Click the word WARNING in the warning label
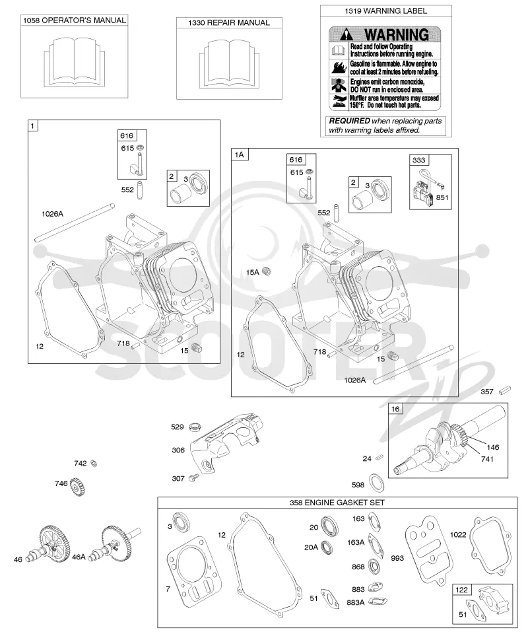tap(396, 35)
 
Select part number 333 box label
tap(418, 160)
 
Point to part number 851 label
tap(442, 197)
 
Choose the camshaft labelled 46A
tap(115, 543)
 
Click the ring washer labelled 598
tap(377, 483)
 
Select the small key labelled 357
tap(505, 390)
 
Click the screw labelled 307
tap(194, 477)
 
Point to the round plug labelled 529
tap(195, 426)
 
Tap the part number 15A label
tap(253, 273)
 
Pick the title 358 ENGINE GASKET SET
tap(337, 503)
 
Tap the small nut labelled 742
tap(94, 464)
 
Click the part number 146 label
tap(493, 447)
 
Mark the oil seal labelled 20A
tap(327, 547)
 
